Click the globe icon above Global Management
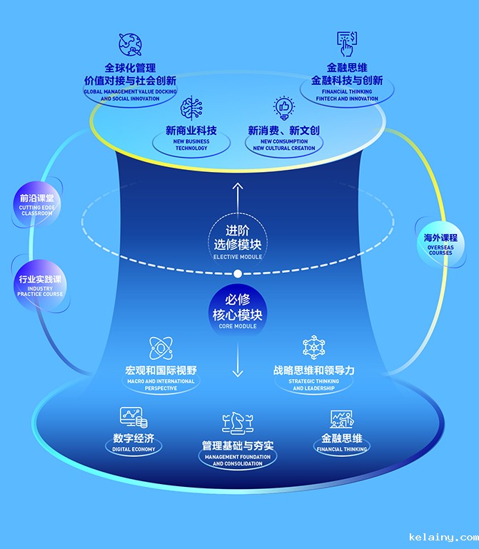(130, 45)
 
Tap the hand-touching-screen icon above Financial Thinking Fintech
(347, 44)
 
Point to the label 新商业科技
(191, 131)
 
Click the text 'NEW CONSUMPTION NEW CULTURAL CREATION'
(284, 144)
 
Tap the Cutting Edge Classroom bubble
(36, 204)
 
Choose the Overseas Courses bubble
(440, 243)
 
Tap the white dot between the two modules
(238, 273)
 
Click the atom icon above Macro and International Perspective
(161, 348)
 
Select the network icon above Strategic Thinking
(314, 348)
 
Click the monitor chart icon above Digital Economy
(133, 417)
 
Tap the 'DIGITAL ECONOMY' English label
(133, 450)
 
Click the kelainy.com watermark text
(443, 537)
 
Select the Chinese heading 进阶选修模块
(238, 238)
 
